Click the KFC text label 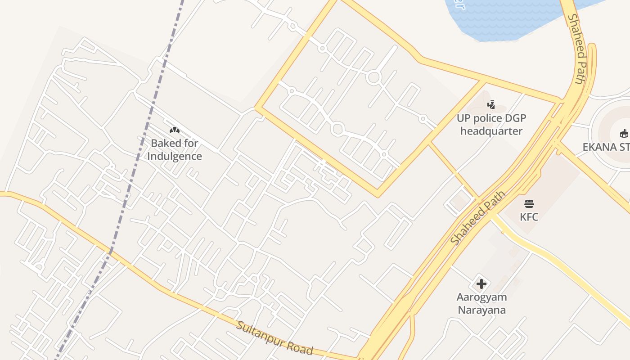529,217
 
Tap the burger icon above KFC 529,204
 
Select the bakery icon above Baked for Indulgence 175,130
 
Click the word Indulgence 175,157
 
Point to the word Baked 165,144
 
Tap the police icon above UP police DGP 491,105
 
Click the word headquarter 491,131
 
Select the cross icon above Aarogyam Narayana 481,284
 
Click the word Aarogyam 481,297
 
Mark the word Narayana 481,310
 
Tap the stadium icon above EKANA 624,134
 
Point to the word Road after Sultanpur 299,347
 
